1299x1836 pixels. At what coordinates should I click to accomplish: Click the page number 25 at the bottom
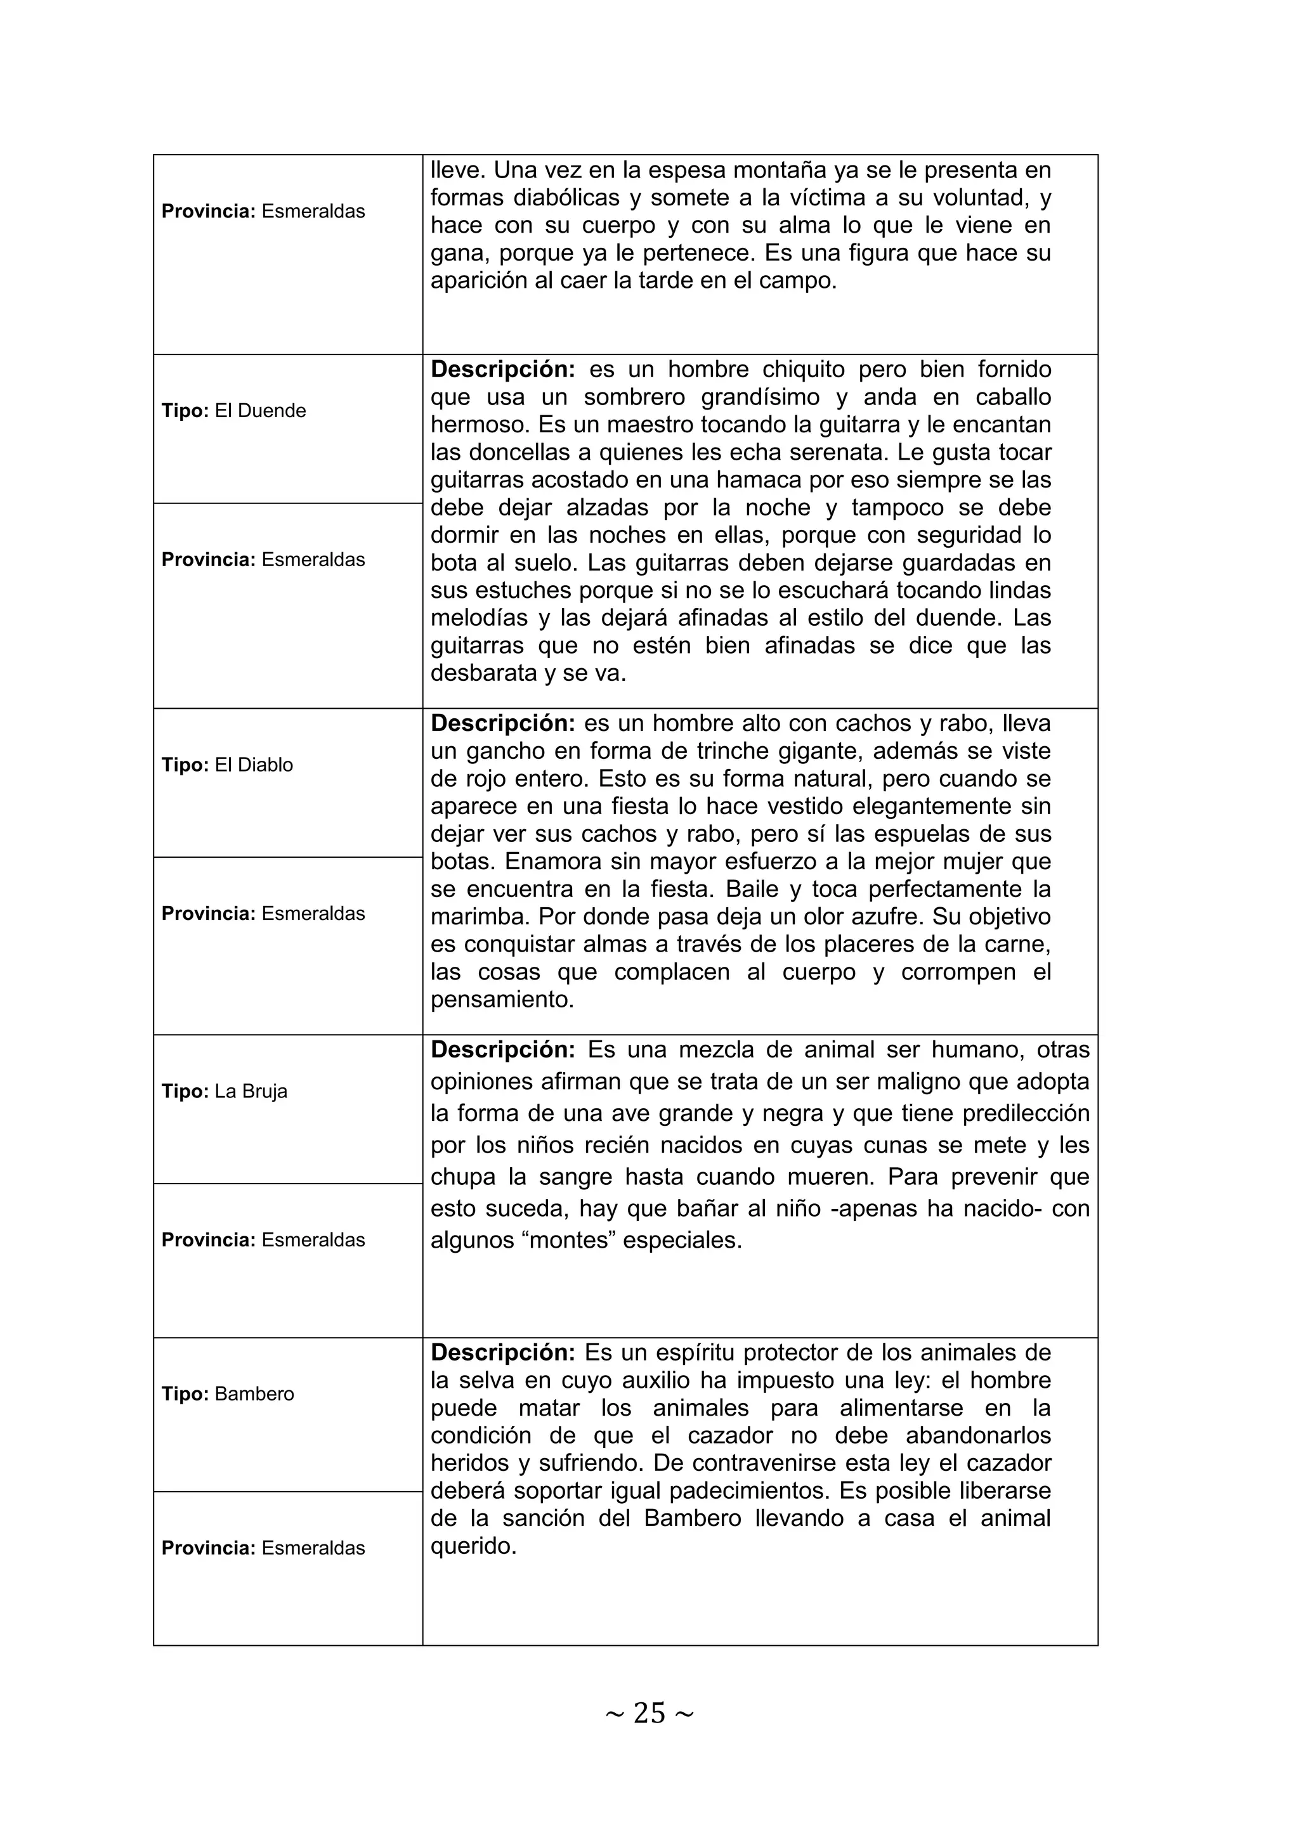pyautogui.click(x=649, y=1713)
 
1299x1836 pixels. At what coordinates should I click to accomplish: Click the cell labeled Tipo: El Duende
pyautogui.click(x=233, y=411)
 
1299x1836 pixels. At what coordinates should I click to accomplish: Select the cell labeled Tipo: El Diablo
pyautogui.click(x=227, y=765)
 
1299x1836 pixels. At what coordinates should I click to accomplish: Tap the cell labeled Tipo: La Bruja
pyautogui.click(x=224, y=1092)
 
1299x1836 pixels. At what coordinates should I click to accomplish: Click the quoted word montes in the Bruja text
pyautogui.click(x=570, y=1240)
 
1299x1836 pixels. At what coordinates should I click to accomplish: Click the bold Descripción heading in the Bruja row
pyautogui.click(x=502, y=1050)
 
